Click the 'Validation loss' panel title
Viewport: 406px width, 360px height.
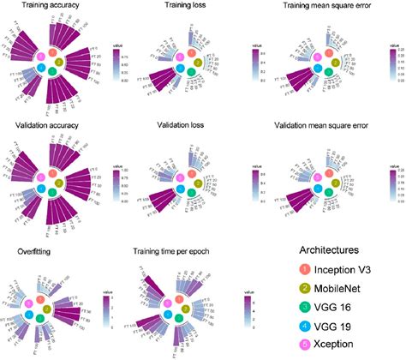[184, 126]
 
